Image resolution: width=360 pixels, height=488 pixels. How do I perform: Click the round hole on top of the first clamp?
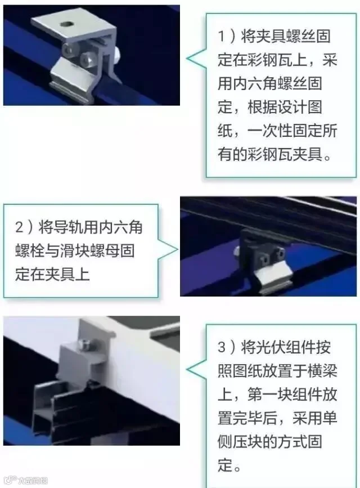(67, 24)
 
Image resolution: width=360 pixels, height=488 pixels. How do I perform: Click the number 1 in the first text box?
(221, 36)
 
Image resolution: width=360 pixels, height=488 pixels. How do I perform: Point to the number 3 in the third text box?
(222, 347)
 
